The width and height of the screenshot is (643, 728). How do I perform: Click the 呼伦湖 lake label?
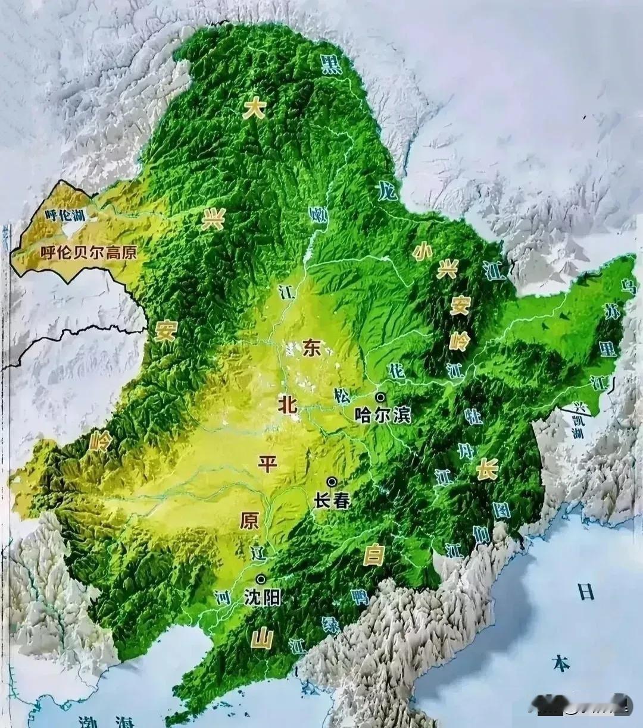66,215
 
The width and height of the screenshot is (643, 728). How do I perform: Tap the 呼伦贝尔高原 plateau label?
89,252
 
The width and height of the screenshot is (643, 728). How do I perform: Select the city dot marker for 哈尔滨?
380,397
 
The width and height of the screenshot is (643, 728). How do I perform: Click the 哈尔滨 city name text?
382,415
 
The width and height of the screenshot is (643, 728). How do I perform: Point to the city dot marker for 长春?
332,482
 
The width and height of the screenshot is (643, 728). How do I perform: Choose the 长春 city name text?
332,501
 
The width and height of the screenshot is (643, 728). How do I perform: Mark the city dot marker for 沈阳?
261,578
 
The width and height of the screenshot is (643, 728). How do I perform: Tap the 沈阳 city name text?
262,597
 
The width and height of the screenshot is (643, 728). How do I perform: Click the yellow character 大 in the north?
254,108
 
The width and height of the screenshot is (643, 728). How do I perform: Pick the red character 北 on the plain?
287,404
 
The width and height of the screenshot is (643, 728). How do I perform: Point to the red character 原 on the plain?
249,520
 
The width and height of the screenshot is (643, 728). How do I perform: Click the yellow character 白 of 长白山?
373,556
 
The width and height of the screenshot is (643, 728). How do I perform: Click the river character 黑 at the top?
331,64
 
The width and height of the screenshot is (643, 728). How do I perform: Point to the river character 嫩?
319,215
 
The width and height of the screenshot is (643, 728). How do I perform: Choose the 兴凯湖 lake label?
578,420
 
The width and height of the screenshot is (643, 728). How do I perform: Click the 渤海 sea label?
107,721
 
